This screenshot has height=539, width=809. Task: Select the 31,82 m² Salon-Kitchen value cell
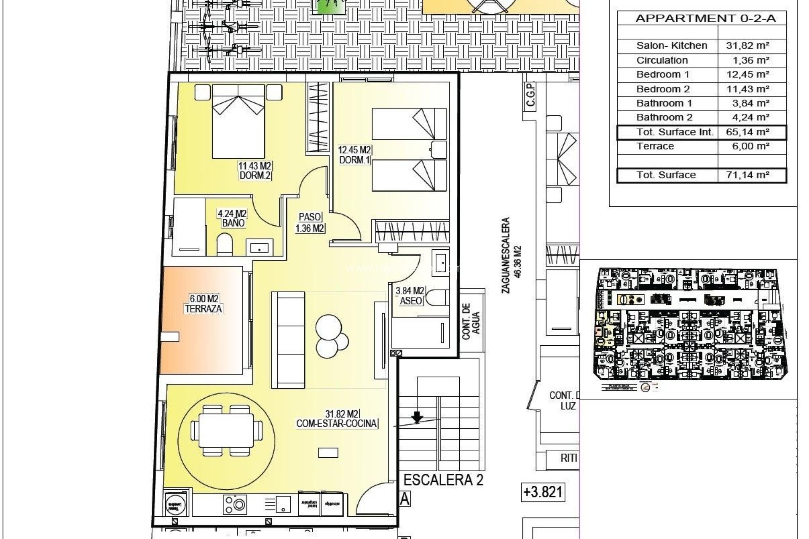tap(748, 45)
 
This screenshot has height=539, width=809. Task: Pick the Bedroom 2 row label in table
tap(663, 89)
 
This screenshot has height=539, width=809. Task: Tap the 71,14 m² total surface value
tap(748, 175)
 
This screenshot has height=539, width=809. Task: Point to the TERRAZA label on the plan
tap(204, 309)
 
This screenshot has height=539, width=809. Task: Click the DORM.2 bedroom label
tap(254, 176)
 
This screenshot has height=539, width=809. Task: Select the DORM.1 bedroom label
tap(354, 160)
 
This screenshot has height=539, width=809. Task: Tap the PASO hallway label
tap(310, 217)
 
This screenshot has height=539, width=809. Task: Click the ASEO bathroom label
tap(410, 301)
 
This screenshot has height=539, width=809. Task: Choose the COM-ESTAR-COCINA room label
tap(337, 424)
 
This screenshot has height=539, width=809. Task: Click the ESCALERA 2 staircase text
tap(443, 480)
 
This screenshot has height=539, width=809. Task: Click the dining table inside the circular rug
tap(226, 431)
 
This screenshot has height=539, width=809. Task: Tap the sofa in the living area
tap(288, 339)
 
